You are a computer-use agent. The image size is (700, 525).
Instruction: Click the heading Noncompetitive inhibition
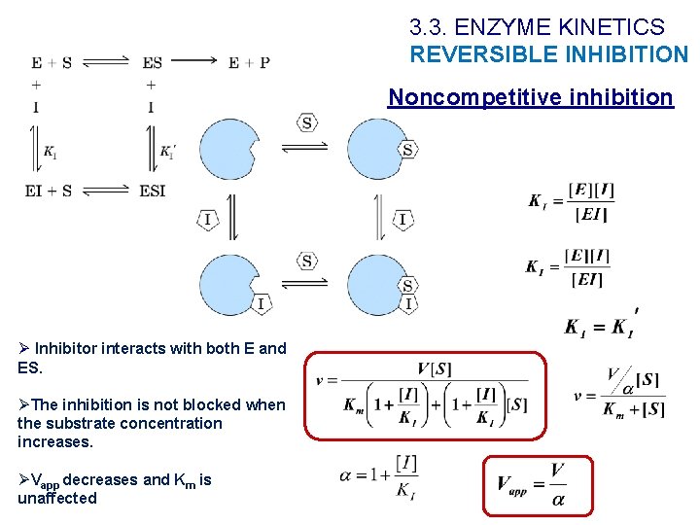click(530, 97)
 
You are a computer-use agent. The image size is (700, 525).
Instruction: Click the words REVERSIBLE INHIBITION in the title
click(548, 54)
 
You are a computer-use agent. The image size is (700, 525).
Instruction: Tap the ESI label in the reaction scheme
click(153, 191)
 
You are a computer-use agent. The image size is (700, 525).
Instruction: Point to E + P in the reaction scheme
click(249, 63)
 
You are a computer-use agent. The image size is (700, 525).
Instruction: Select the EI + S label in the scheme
click(49, 191)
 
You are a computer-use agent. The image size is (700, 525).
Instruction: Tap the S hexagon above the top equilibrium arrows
click(307, 122)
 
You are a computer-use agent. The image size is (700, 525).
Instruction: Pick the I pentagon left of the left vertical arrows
click(207, 220)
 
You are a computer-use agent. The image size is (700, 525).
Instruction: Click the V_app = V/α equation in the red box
click(538, 483)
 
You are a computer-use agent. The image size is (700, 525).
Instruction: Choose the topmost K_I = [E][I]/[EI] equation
click(572, 201)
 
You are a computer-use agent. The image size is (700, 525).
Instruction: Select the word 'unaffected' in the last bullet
click(57, 499)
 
